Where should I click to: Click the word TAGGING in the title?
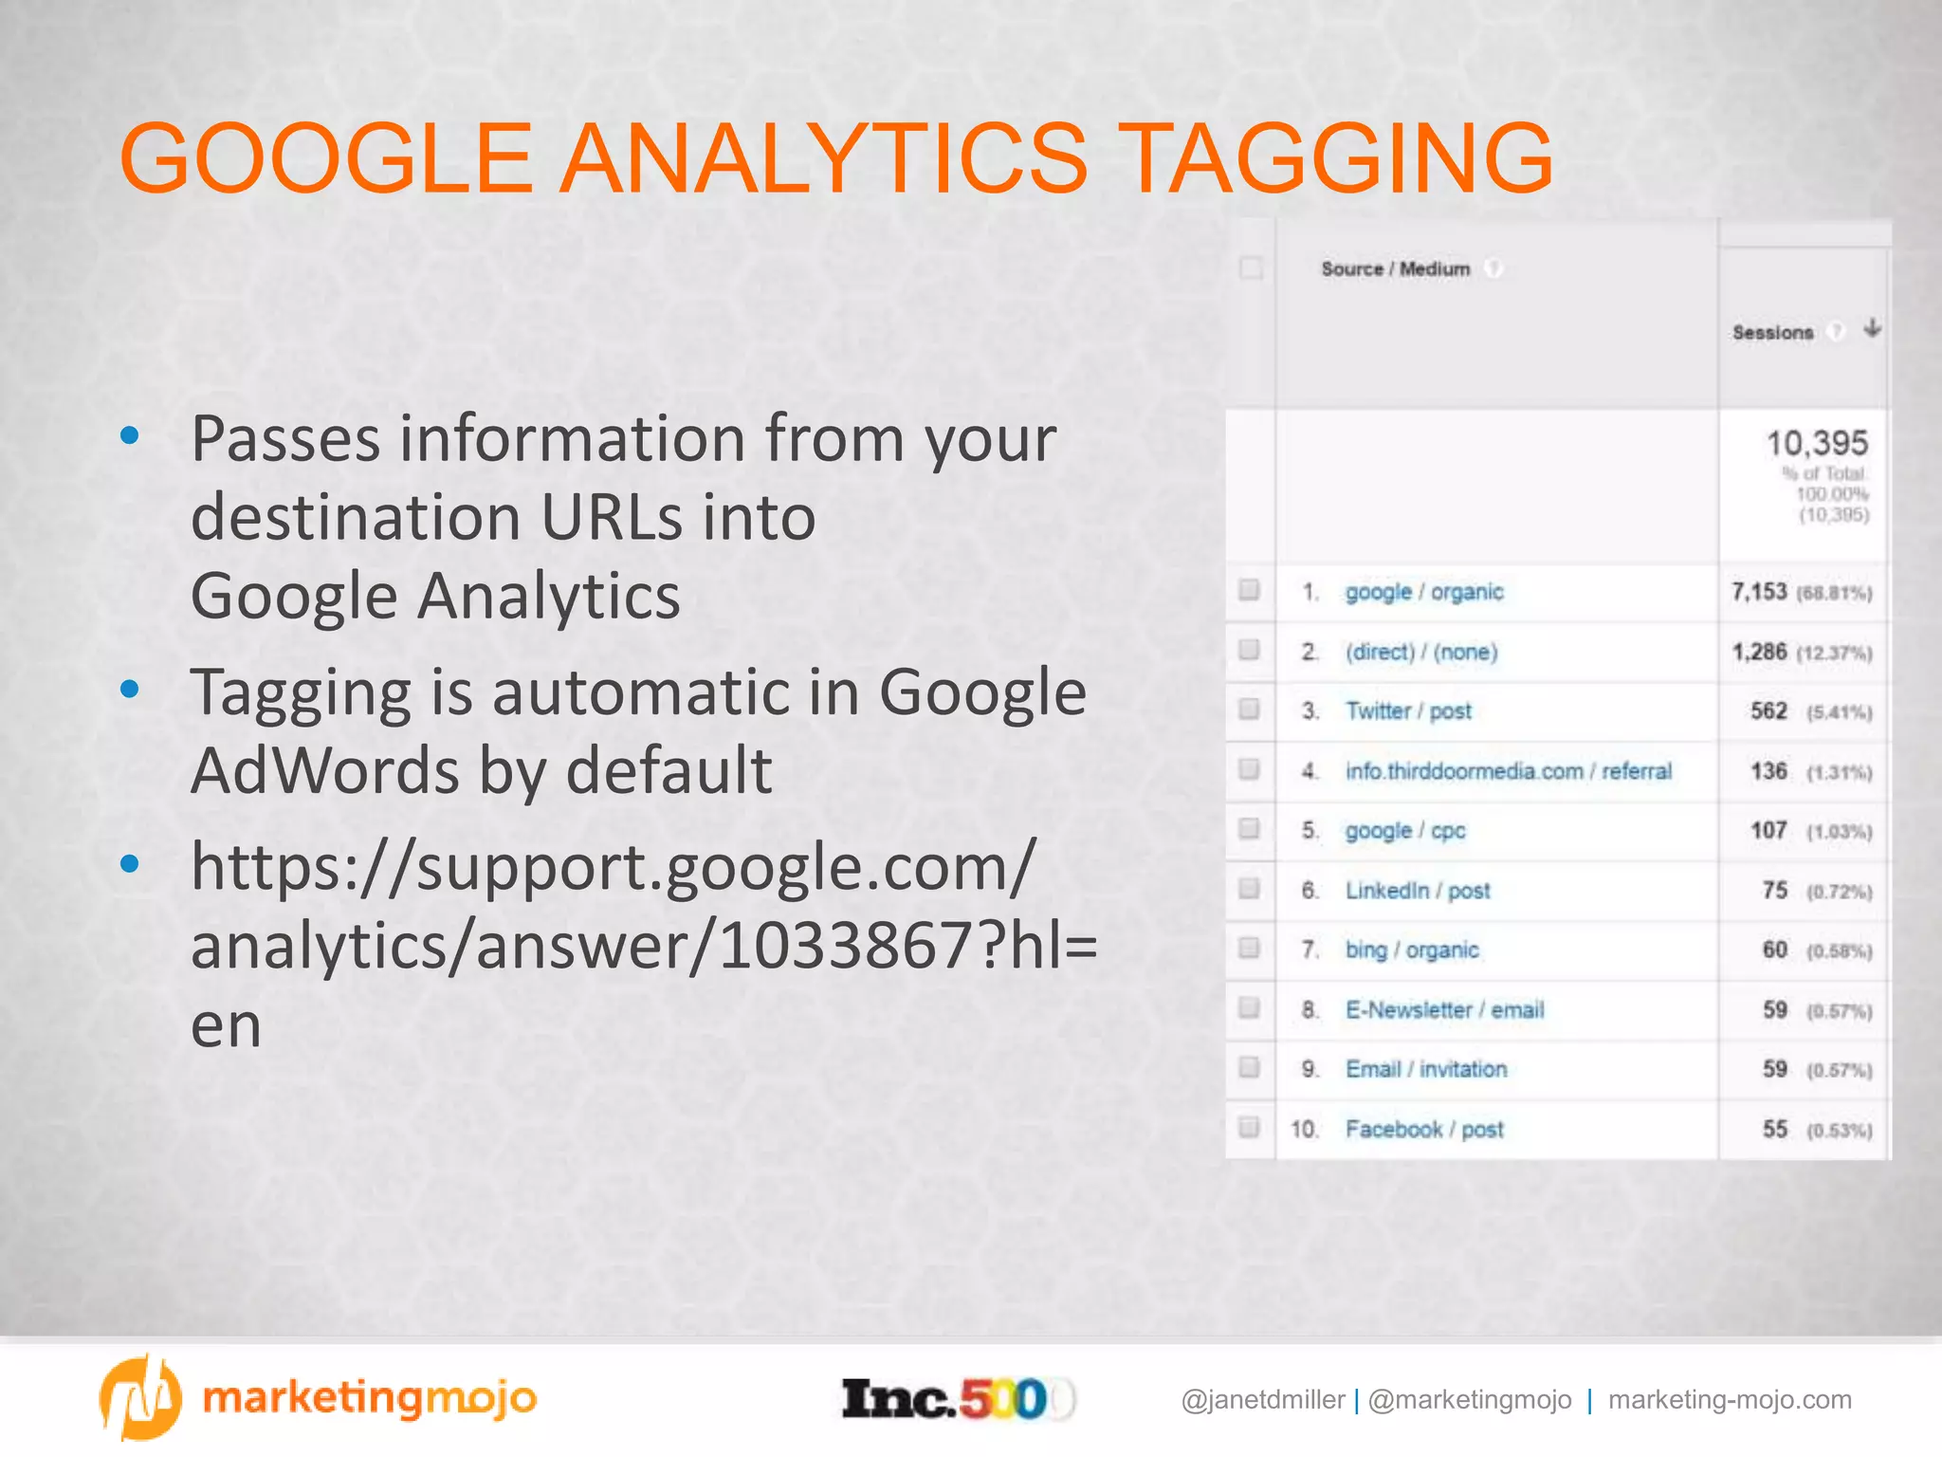point(1341,158)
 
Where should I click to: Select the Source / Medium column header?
point(1395,269)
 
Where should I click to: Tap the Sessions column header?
point(1772,333)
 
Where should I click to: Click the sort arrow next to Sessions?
point(1872,329)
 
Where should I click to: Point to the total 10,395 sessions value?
point(1816,444)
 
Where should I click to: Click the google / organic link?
point(1424,593)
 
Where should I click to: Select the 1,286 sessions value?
point(1759,653)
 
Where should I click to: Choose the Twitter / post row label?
point(1408,711)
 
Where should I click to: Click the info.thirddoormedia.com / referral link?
point(1508,771)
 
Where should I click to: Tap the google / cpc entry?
point(1405,831)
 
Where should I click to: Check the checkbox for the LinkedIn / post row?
point(1249,889)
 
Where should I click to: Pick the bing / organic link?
point(1412,950)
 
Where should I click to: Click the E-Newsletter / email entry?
point(1444,1010)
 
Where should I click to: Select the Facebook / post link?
point(1424,1130)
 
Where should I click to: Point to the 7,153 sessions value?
point(1759,593)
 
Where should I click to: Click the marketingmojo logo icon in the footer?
point(139,1398)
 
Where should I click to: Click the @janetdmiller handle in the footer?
point(1262,1400)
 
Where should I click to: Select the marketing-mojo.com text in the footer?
point(1730,1400)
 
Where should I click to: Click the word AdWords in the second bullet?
point(323,770)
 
